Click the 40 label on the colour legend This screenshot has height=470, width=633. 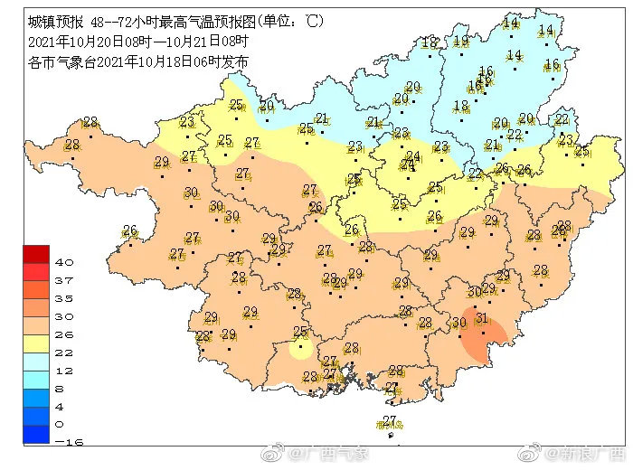pos(65,262)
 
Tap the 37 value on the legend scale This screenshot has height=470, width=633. pos(65,280)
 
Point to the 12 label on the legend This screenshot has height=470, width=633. pos(65,371)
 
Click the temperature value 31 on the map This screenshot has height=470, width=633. pos(482,318)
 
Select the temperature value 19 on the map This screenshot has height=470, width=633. pos(461,41)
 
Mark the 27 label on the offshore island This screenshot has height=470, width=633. pos(390,419)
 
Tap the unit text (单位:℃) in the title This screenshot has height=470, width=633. pos(290,20)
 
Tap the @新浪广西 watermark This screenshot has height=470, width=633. pos(580,451)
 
